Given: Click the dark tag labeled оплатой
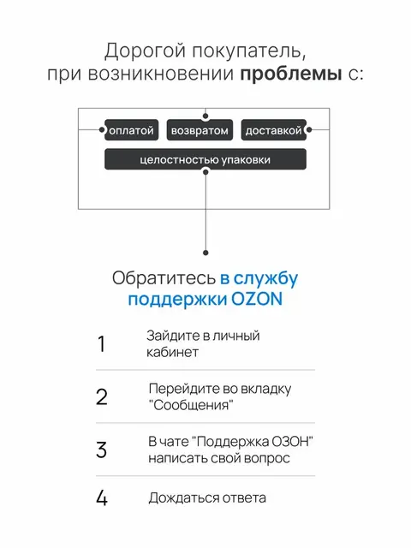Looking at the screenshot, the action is click(x=131, y=130).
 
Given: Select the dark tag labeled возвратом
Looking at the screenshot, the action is click(x=200, y=130).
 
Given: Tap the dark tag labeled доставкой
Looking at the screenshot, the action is click(x=274, y=130).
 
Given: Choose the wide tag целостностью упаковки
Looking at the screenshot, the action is click(x=205, y=159).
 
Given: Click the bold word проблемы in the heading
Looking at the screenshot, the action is click(x=291, y=74).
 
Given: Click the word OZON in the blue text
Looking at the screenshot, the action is click(x=257, y=299).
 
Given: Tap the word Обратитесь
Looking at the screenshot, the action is click(x=164, y=278).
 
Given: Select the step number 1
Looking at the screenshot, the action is click(x=101, y=343).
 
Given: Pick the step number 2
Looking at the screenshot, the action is click(x=102, y=396).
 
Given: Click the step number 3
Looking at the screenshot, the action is click(x=101, y=450).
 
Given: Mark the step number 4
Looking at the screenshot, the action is click(x=102, y=497).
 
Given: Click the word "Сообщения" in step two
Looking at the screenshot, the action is click(x=191, y=405).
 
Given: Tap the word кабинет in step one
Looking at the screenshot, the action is click(x=172, y=352).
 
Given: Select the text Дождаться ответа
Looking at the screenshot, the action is click(x=207, y=498).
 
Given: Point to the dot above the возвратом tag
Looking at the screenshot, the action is click(x=205, y=116).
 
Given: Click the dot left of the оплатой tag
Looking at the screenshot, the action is click(x=101, y=129).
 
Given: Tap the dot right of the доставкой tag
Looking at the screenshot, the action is click(x=309, y=129).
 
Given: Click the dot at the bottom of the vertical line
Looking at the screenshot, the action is click(x=205, y=253).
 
